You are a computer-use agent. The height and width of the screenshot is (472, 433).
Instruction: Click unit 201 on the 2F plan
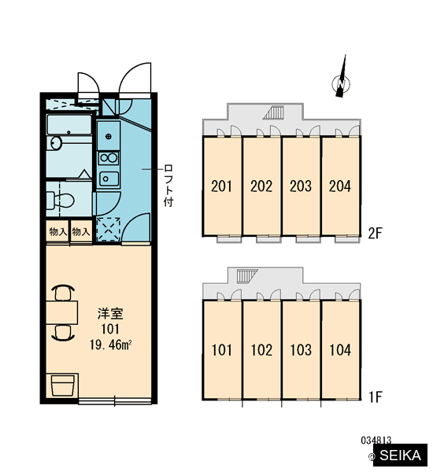222,186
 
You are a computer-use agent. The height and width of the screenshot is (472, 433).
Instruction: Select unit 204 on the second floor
340,186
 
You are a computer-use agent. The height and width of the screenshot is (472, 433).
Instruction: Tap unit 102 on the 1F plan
261,350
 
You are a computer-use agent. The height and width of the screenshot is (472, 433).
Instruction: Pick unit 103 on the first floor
301,350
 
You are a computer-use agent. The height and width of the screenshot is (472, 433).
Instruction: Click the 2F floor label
376,233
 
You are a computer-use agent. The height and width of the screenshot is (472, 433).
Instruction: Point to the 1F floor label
376,397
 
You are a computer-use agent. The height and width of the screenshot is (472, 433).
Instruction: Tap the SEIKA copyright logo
398,455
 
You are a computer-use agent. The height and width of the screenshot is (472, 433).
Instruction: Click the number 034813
376,441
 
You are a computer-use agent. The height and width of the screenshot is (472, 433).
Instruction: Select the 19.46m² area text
110,345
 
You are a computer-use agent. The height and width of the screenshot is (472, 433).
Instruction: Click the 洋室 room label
110,314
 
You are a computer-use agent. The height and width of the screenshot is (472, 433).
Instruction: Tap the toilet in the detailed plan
61,200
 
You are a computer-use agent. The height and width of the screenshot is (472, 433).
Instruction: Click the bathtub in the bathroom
69,124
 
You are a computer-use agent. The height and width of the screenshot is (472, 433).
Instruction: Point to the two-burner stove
109,158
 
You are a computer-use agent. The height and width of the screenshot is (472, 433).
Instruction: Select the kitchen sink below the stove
109,179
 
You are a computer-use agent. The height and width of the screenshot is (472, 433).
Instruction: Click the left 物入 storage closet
57,231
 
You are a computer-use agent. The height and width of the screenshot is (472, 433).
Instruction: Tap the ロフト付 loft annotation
168,186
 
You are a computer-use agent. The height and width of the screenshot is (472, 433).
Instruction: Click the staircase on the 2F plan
274,112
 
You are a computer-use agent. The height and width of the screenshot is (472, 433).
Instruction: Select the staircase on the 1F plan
247,276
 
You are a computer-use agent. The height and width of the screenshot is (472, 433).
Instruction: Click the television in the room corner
62,385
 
